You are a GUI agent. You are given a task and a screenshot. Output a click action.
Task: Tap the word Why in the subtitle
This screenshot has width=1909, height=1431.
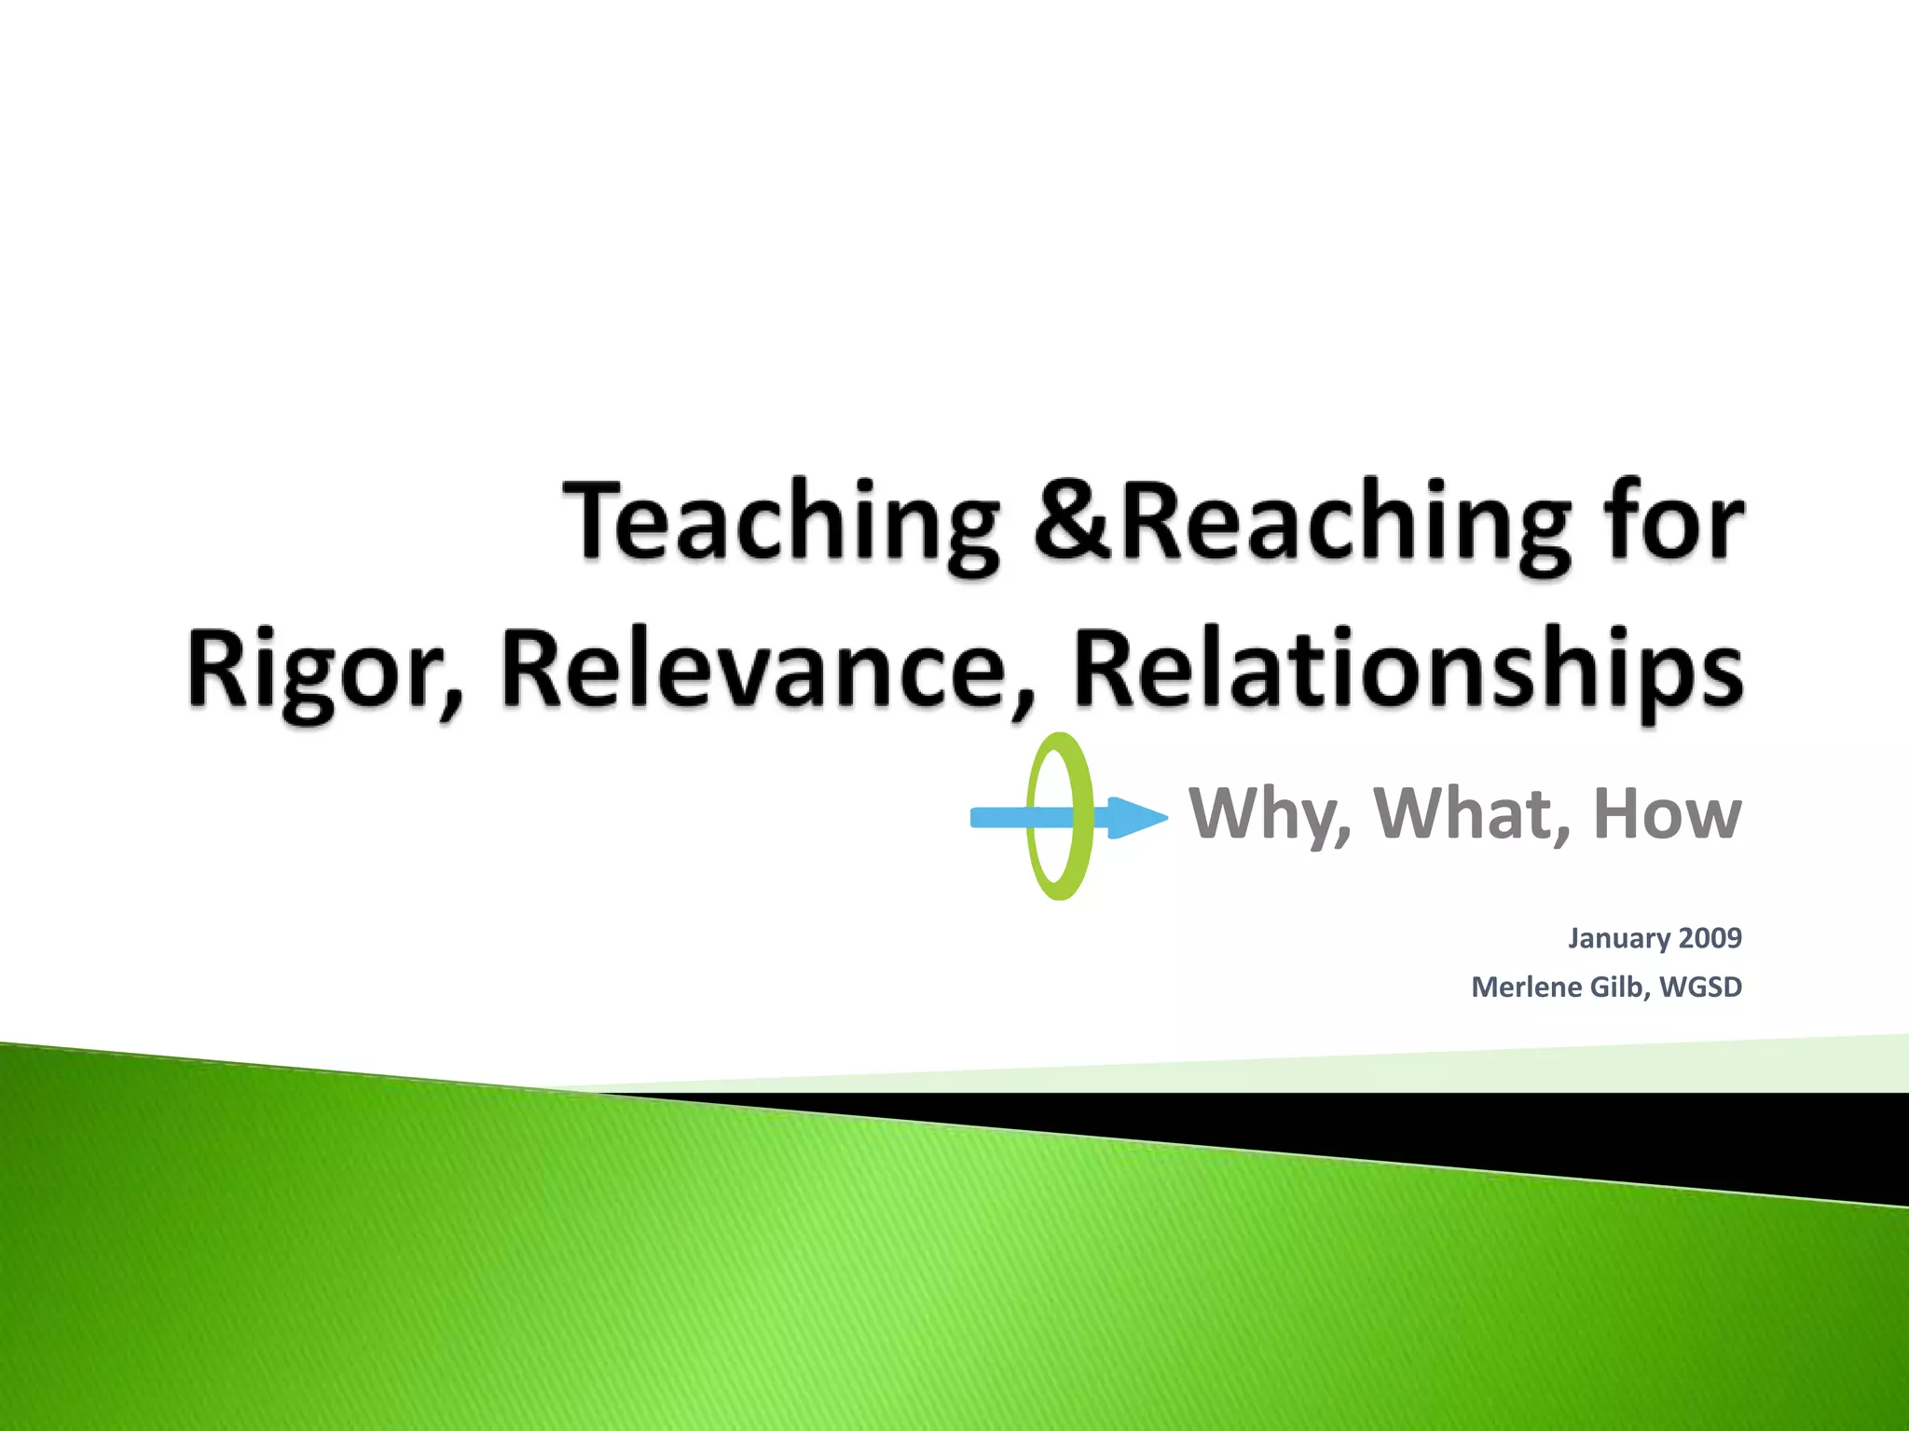click(x=1269, y=814)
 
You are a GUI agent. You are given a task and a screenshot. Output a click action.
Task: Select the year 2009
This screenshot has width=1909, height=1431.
click(x=1710, y=938)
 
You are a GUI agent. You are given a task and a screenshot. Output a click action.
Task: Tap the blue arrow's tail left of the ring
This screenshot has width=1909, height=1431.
click(x=997, y=817)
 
